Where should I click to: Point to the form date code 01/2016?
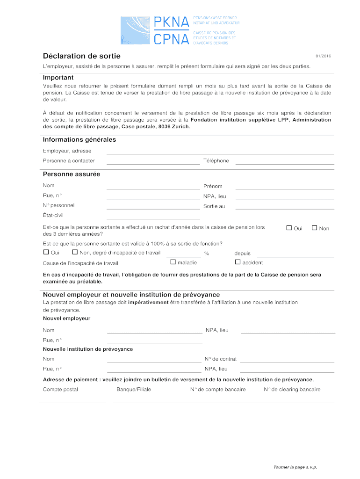[x=323, y=57]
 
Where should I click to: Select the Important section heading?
[x=58, y=77]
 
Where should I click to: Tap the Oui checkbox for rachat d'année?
[x=289, y=228]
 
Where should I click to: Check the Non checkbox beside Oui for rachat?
[x=315, y=228]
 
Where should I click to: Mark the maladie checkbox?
[x=173, y=262]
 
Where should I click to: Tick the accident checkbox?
[x=238, y=262]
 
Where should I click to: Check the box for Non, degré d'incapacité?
[x=75, y=253]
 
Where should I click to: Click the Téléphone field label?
[x=216, y=161]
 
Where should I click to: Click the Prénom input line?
[x=285, y=188]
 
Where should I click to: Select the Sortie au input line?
[x=285, y=208]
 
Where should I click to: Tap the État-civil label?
[x=53, y=216]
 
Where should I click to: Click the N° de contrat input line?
[x=288, y=362]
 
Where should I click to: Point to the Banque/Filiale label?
[x=134, y=390]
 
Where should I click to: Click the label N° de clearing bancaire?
[x=292, y=390]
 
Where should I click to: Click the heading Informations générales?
[x=79, y=140]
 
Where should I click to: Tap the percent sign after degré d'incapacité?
[x=206, y=254]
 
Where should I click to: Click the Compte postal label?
[x=60, y=390]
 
